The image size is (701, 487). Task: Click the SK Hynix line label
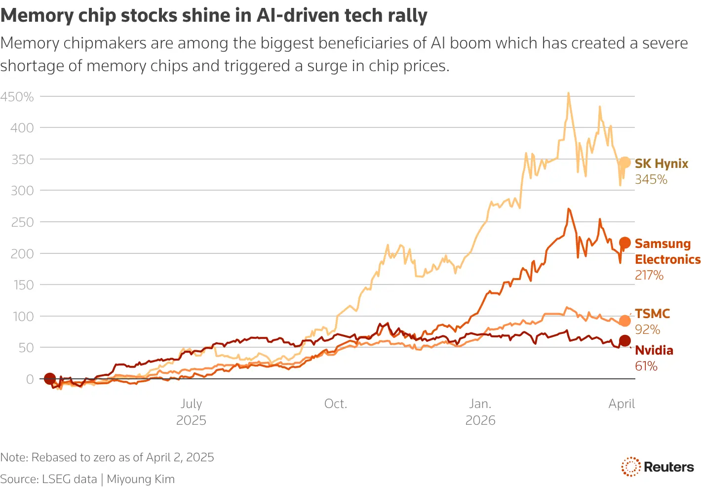(x=661, y=163)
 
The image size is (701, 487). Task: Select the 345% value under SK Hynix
(x=651, y=179)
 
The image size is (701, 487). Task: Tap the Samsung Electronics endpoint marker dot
(x=624, y=243)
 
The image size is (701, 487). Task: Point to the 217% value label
(x=649, y=275)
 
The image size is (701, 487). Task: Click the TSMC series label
(x=652, y=314)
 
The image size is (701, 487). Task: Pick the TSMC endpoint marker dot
(x=624, y=321)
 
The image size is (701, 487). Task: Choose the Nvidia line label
(x=654, y=350)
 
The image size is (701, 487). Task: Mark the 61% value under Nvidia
(x=646, y=366)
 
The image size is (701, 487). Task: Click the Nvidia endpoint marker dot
(x=624, y=340)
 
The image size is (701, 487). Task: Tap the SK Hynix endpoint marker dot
(x=624, y=162)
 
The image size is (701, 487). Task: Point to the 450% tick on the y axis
(x=17, y=97)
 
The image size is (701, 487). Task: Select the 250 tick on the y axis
(x=23, y=222)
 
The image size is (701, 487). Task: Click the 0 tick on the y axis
(x=30, y=379)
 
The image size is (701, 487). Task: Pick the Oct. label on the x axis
(x=336, y=404)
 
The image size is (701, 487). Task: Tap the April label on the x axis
(x=621, y=404)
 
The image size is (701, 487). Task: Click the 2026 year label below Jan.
(x=480, y=420)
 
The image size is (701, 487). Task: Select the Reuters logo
(x=657, y=467)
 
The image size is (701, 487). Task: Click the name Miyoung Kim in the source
(x=141, y=479)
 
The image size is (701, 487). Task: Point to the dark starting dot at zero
(x=49, y=379)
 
